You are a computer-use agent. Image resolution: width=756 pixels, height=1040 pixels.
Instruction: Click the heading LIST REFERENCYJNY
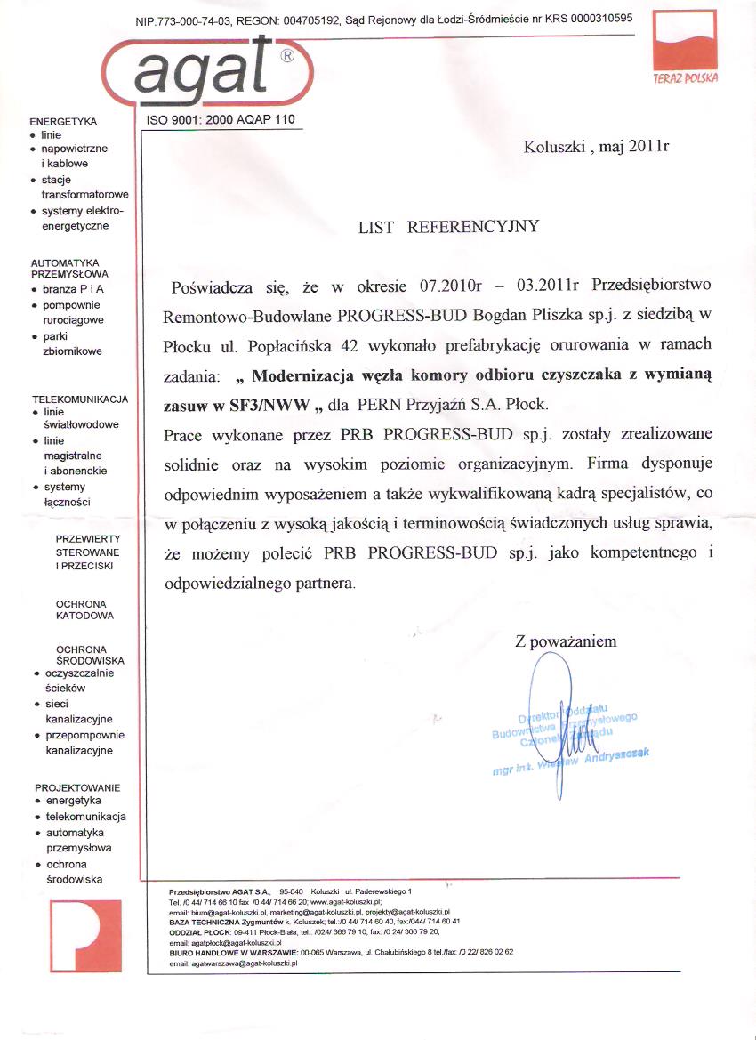coord(447,227)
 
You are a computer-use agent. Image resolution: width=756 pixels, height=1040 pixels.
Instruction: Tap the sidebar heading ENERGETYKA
coord(63,121)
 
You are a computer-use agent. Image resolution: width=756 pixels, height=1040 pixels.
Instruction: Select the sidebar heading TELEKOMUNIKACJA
coord(81,400)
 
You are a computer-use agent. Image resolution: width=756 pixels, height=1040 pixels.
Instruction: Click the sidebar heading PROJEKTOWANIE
coord(77,788)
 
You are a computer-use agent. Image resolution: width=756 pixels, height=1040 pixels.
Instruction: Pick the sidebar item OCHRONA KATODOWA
coord(84,609)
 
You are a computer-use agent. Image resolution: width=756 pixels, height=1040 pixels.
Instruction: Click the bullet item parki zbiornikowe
coord(72,343)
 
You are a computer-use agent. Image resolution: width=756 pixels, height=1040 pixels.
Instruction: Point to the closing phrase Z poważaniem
coord(565,641)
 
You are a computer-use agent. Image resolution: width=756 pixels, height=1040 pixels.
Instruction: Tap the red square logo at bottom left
coord(85,935)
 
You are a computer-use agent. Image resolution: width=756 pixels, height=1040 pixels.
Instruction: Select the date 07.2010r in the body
coord(449,287)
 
